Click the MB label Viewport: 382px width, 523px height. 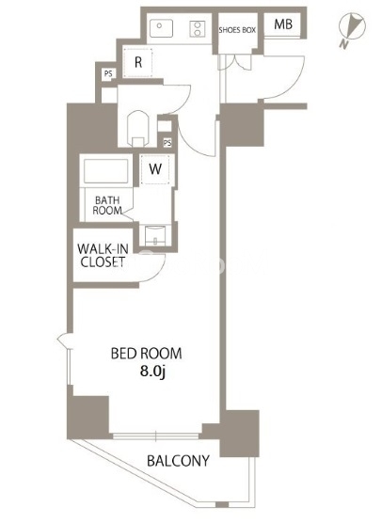click(283, 24)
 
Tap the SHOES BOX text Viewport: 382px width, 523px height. click(237, 30)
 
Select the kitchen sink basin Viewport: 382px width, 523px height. click(161, 28)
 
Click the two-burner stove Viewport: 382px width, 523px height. click(198, 28)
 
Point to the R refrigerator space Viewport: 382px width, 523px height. click(138, 63)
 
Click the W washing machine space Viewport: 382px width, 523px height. click(155, 169)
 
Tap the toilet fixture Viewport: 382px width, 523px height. click(137, 129)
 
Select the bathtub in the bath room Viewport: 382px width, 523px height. click(106, 171)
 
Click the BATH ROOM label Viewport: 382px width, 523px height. click(107, 205)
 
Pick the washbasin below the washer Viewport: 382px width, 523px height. click(155, 235)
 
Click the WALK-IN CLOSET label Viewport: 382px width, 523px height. click(103, 255)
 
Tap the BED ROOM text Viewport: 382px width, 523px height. click(146, 354)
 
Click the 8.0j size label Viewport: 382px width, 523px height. click(152, 372)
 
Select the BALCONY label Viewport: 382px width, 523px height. click(178, 461)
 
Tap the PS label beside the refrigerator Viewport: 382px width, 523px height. click(108, 73)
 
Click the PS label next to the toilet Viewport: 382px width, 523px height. click(167, 143)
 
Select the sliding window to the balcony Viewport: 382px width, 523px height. click(156, 436)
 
